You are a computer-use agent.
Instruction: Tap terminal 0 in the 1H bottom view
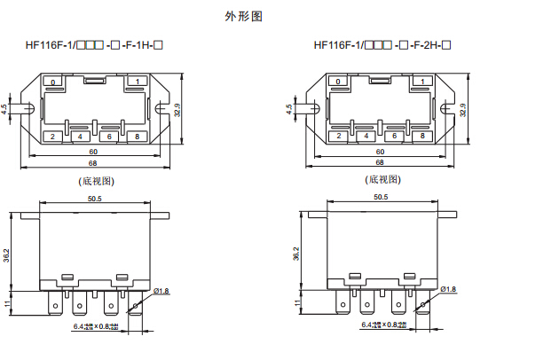click(53, 82)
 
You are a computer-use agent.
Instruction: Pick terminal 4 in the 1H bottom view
click(81, 137)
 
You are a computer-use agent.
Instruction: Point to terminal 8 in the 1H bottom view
click(138, 137)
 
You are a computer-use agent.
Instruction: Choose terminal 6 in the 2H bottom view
click(396, 137)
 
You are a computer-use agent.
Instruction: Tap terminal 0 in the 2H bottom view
click(338, 82)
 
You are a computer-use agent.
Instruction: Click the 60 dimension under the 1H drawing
click(94, 152)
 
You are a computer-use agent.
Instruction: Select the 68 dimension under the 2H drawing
click(380, 163)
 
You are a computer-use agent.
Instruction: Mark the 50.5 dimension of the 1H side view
click(94, 199)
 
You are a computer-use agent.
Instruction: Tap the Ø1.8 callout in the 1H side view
click(161, 291)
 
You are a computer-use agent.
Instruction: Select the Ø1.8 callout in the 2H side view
click(448, 290)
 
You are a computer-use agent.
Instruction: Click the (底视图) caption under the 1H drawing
click(96, 181)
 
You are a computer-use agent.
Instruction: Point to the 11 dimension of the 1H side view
click(9, 303)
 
